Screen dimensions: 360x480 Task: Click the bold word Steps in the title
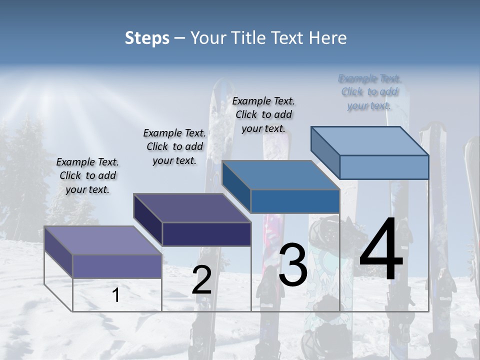[x=147, y=38]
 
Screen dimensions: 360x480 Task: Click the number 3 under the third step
[x=292, y=265]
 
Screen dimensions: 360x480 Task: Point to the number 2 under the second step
[x=201, y=279]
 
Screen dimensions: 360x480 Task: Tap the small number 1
[x=116, y=295]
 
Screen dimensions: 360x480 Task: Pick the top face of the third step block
[x=280, y=175]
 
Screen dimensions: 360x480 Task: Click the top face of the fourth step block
[x=370, y=140]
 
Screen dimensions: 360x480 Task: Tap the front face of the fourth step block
[x=384, y=167]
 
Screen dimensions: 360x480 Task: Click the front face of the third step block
[x=295, y=201]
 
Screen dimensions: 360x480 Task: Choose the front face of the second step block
[x=206, y=234]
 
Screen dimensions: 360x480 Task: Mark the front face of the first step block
[x=117, y=266]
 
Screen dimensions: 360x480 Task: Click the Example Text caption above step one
[x=87, y=175]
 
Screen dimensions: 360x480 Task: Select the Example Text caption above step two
[x=174, y=146]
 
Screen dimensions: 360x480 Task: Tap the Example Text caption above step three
[x=263, y=114]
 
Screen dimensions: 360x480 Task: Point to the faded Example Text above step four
[x=369, y=92]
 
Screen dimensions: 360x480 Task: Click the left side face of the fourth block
[x=325, y=149]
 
